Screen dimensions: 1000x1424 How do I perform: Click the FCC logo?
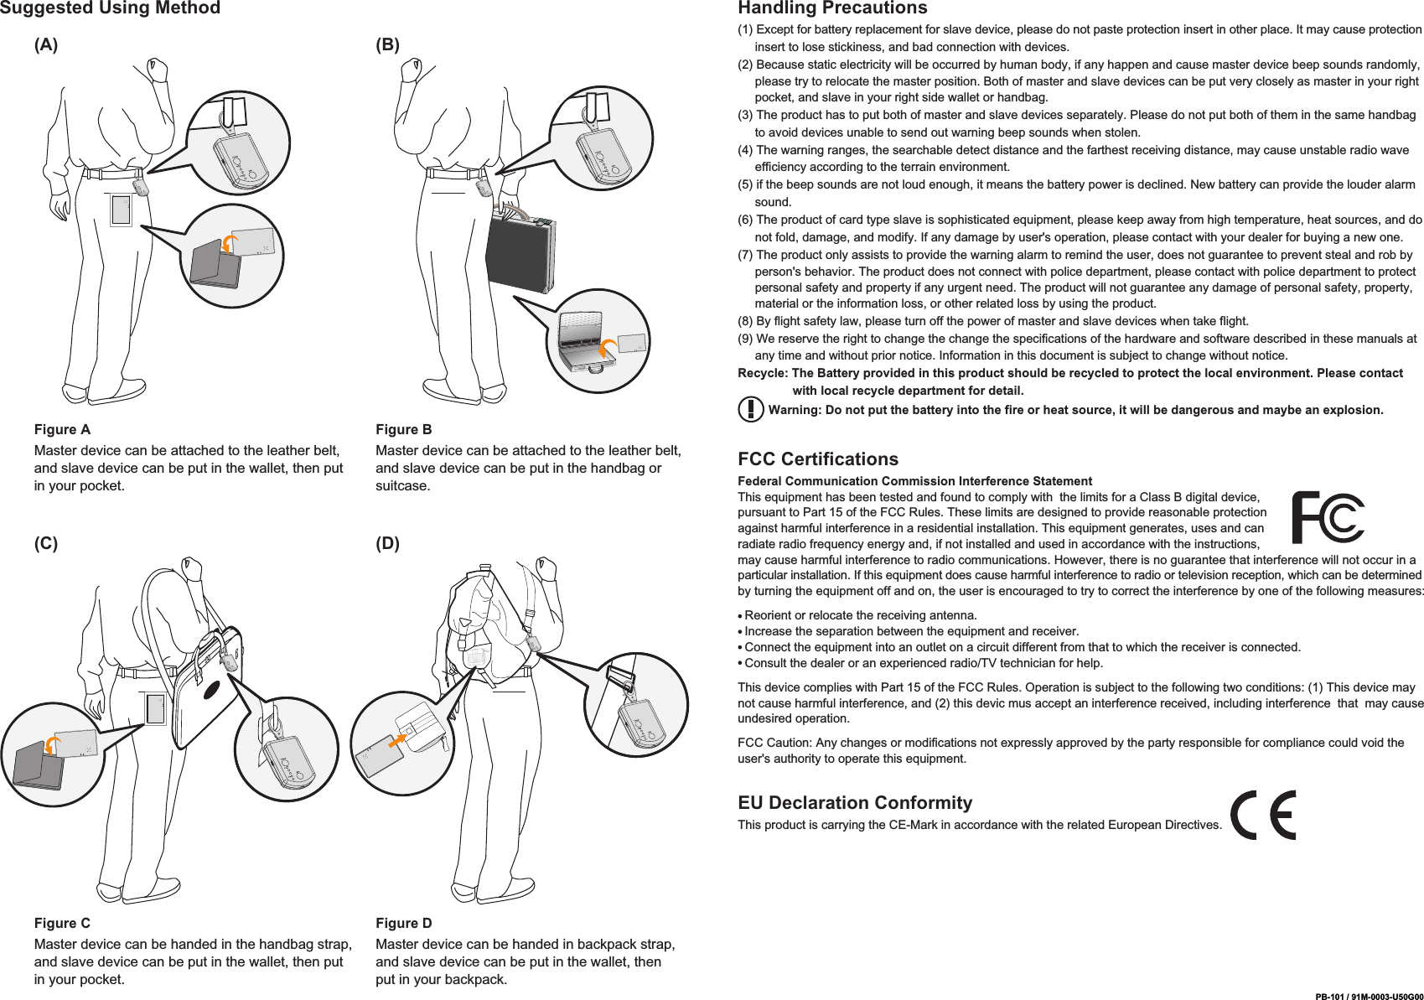point(1327,517)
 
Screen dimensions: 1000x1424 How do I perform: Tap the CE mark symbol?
point(1262,815)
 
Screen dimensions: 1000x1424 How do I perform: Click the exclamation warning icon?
point(750,409)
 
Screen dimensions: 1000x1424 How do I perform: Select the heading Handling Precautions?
point(831,8)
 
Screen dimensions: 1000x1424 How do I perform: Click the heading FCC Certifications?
point(817,459)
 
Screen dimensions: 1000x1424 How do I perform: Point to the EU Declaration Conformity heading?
point(854,803)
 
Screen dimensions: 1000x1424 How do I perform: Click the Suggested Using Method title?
point(110,8)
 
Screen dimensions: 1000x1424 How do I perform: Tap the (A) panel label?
point(46,45)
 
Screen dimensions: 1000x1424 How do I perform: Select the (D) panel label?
point(387,544)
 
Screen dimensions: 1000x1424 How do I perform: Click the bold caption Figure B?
point(403,430)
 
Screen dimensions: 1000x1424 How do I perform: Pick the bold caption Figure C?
point(62,924)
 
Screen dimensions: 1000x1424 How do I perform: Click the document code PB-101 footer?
point(1368,996)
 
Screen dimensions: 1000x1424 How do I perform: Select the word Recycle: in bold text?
point(763,373)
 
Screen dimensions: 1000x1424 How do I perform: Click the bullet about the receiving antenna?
point(860,615)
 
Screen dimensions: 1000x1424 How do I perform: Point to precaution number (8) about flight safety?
point(993,321)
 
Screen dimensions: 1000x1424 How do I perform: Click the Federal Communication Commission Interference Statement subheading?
point(914,481)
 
